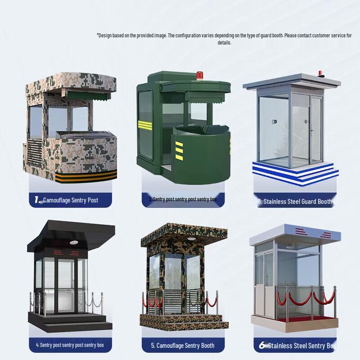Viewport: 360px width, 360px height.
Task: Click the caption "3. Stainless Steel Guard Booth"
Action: point(295,202)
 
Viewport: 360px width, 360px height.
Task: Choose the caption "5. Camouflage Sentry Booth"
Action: point(182,346)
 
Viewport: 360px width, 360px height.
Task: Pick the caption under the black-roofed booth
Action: point(70,345)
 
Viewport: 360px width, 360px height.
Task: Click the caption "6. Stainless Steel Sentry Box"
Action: point(297,346)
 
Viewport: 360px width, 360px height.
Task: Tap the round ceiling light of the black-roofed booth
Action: point(73,243)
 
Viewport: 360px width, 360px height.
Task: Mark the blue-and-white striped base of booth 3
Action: point(295,171)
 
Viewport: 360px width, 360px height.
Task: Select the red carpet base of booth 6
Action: point(295,320)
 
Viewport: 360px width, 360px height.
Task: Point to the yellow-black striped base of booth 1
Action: point(85,176)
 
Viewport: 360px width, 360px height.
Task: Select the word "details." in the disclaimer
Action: point(225,43)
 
